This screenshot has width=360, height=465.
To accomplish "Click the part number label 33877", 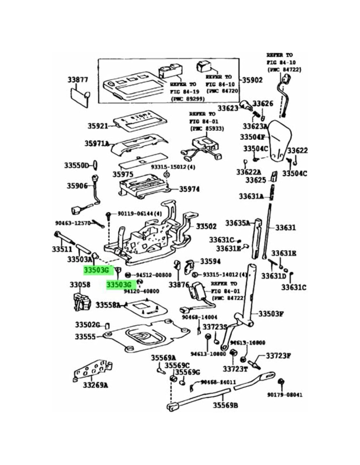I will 78,80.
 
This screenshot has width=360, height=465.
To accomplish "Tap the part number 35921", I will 98,126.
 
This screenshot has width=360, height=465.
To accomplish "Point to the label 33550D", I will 76,165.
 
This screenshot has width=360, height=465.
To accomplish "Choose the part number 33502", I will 206,226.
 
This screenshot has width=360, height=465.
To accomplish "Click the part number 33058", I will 80,285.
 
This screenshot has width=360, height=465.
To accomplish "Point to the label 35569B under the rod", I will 225,405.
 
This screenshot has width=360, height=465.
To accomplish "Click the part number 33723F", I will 279,355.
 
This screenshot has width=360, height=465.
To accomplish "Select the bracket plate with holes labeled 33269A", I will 92,370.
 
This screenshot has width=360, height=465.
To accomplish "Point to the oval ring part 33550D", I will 94,165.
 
